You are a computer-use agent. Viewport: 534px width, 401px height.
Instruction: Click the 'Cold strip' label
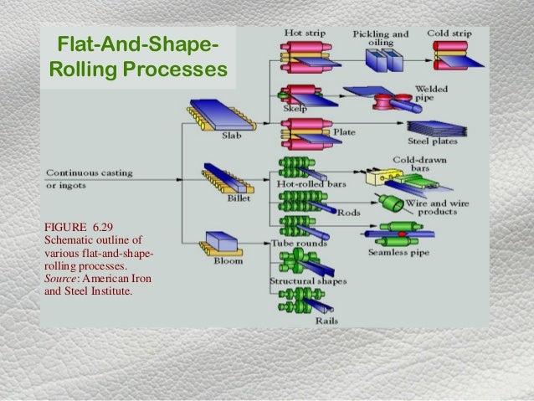(449, 33)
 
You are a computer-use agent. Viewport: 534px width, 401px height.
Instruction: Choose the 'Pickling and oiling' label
(380, 39)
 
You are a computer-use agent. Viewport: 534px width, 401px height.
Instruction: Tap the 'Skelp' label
(295, 109)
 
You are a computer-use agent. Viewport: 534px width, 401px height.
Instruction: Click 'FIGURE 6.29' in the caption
(81, 226)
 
